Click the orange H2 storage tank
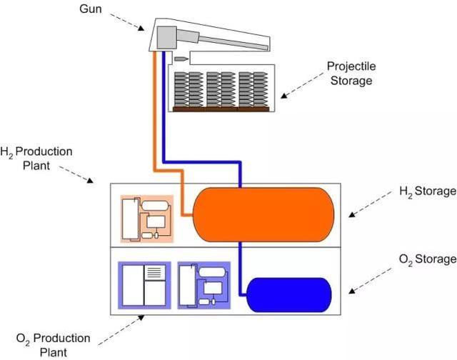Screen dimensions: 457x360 (x=263, y=214)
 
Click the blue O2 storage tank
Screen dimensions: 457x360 (x=288, y=295)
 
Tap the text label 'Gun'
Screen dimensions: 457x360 (x=91, y=9)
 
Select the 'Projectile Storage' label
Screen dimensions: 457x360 (x=351, y=73)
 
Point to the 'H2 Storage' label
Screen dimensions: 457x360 (x=428, y=191)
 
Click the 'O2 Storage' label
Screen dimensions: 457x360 (x=428, y=259)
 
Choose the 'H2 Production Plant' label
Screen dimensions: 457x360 (x=36, y=159)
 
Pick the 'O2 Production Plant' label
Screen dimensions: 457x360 (x=54, y=345)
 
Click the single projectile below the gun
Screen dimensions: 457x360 (x=181, y=59)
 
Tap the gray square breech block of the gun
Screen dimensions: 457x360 (x=166, y=37)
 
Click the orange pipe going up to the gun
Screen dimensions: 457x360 (x=155, y=111)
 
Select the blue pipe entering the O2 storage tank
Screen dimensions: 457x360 (x=240, y=269)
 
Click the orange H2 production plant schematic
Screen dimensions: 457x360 (x=147, y=219)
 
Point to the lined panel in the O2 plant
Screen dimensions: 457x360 (x=155, y=272)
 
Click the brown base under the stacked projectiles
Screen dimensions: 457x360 (x=221, y=109)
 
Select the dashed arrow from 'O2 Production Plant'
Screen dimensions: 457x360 (x=121, y=330)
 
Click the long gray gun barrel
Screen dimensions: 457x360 (x=234, y=42)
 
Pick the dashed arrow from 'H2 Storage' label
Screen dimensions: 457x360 (x=371, y=204)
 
